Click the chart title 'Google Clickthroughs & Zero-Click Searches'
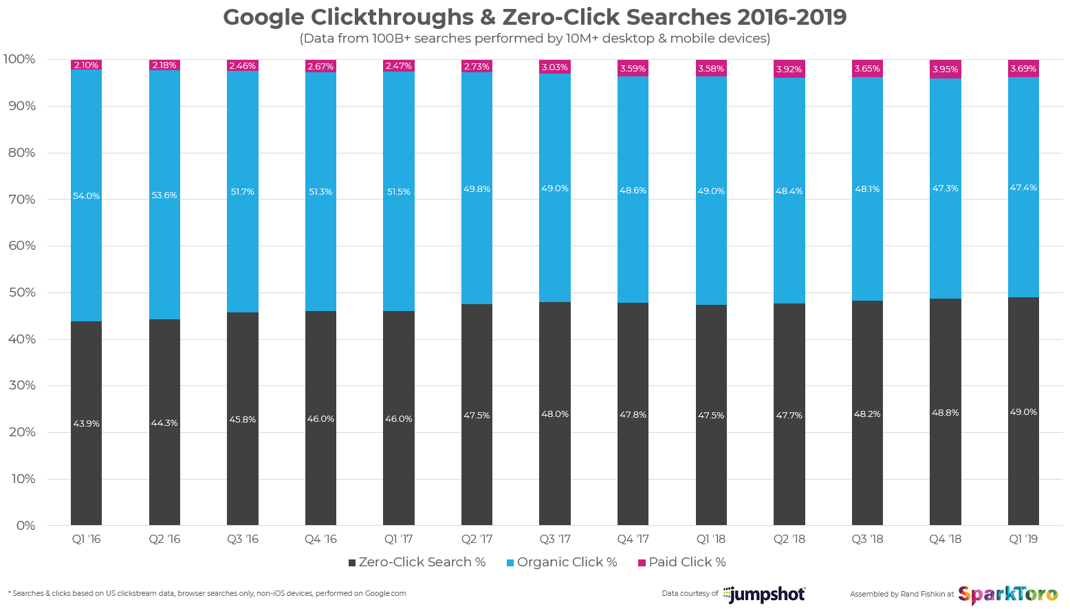pyautogui.click(x=534, y=17)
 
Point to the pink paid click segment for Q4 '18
pyautogui.click(x=945, y=69)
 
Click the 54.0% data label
pyautogui.click(x=86, y=196)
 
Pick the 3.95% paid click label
pyautogui.click(x=945, y=70)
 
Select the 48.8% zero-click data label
pyautogui.click(x=945, y=413)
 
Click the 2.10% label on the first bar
pyautogui.click(x=86, y=65)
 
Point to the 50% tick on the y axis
pyautogui.click(x=21, y=292)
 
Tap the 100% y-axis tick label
pyautogui.click(x=19, y=59)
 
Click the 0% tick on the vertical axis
pyautogui.click(x=25, y=526)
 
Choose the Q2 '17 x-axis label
pyautogui.click(x=477, y=539)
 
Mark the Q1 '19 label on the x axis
pyautogui.click(x=1023, y=539)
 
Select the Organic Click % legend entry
pyautogui.click(x=562, y=562)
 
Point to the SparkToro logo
pyautogui.click(x=1007, y=594)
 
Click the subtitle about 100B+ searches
pyautogui.click(x=534, y=39)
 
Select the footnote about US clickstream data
pyautogui.click(x=207, y=593)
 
